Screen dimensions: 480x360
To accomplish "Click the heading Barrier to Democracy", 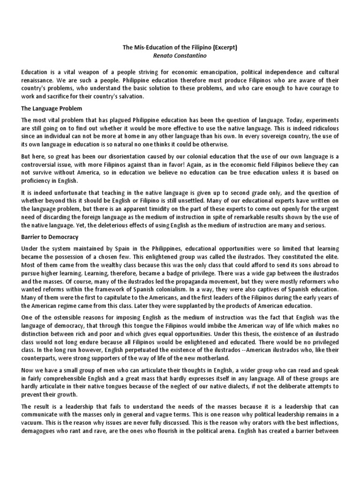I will pos(49,237).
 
